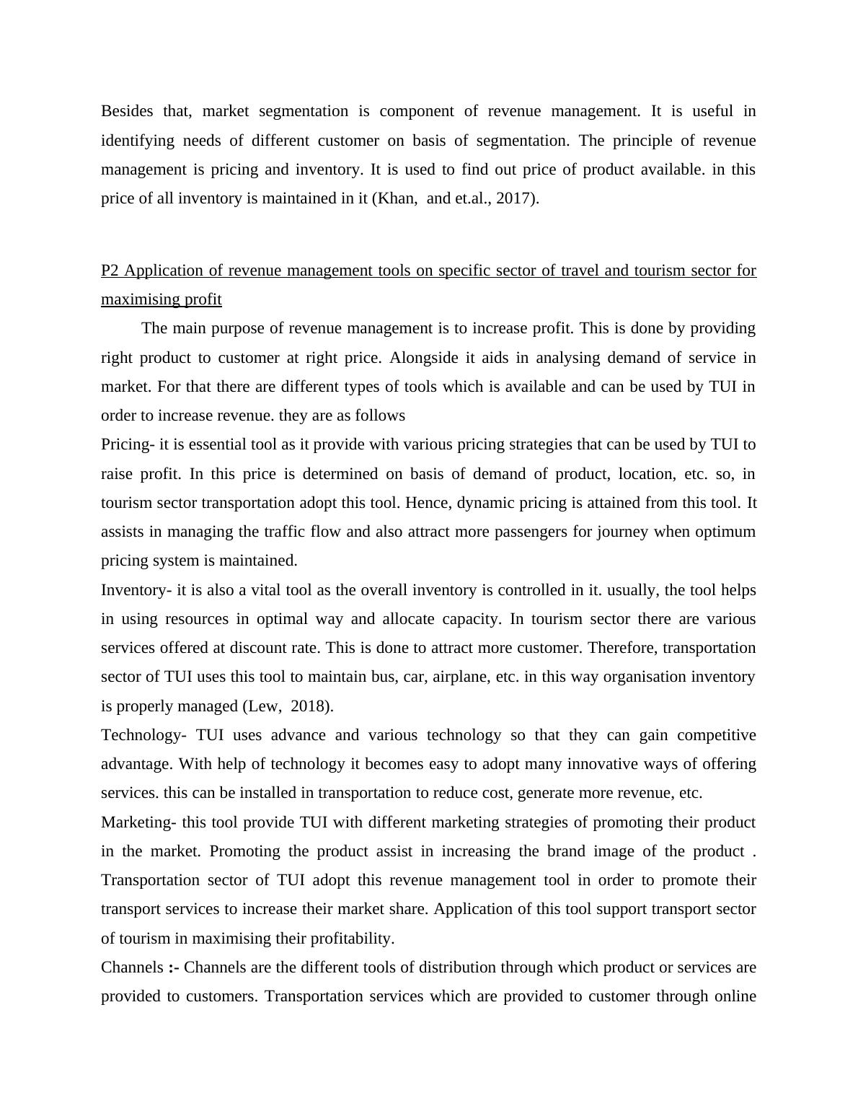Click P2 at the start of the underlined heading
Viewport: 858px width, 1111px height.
coord(110,271)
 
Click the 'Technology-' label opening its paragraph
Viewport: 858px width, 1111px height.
coord(143,735)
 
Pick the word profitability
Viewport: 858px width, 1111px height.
coord(352,939)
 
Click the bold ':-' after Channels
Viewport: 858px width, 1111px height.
coord(174,967)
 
